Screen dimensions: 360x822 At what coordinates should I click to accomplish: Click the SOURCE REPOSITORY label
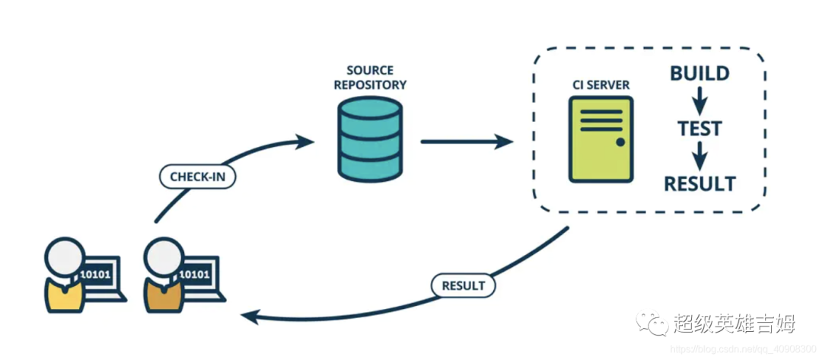369,76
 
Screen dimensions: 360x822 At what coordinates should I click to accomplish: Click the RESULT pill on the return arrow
463,285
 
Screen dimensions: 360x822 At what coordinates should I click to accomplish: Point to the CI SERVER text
601,84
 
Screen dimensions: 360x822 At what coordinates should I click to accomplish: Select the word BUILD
699,74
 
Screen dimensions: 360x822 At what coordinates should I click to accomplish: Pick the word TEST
699,129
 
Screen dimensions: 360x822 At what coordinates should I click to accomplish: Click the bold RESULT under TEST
699,183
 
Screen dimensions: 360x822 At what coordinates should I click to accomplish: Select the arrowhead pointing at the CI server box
504,141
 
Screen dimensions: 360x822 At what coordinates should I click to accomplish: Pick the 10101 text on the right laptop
196,274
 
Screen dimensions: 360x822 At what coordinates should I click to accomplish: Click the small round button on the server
620,142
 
